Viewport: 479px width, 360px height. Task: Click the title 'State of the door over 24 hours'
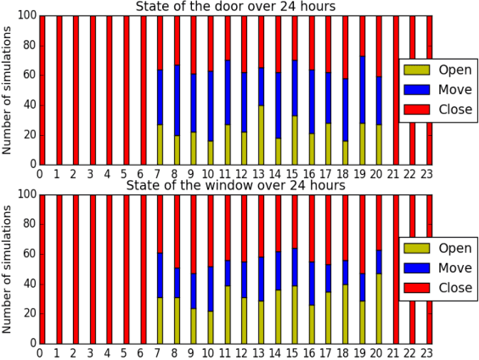pyautogui.click(x=235, y=7)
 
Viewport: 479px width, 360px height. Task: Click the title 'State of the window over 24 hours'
pyautogui.click(x=235, y=185)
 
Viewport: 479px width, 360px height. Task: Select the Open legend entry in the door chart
pyautogui.click(x=438, y=69)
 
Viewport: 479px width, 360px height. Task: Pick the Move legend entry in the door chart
pyautogui.click(x=438, y=89)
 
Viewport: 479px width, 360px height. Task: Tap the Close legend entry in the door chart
pyautogui.click(x=438, y=110)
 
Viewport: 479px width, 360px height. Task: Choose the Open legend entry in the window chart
pyautogui.click(x=438, y=248)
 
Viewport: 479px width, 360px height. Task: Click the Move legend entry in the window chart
pyautogui.click(x=438, y=268)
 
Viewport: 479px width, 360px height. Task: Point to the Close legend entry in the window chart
pyautogui.click(x=438, y=289)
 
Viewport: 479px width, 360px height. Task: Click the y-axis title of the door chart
pyautogui.click(x=8, y=90)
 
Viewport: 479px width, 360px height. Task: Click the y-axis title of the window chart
pyautogui.click(x=8, y=269)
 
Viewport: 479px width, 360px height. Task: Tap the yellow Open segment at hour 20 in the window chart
pyautogui.click(x=380, y=307)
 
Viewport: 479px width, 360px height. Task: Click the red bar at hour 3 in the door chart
pyautogui.click(x=93, y=90)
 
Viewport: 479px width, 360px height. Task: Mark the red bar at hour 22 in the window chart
pyautogui.click(x=414, y=269)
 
